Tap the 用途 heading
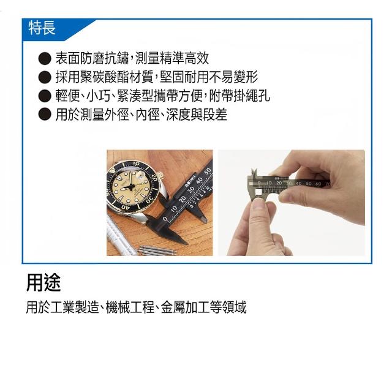pos(43,283)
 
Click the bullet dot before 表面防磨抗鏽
pos(45,59)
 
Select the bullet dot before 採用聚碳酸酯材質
pos(45,77)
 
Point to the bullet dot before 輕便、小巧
pos(45,96)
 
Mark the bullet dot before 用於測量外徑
pos(45,115)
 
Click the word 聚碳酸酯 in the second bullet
pos(104,77)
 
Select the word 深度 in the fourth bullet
pos(178,115)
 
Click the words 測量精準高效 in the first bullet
pos(172,59)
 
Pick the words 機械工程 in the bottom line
pos(130,307)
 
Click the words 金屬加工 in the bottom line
pos(185,307)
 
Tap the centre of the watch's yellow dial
pos(130,187)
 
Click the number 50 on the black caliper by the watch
pos(207,172)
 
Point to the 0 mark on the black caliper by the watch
pos(165,219)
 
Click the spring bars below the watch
pos(157,250)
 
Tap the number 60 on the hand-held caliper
pos(318,184)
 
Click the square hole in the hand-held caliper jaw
pos(258,192)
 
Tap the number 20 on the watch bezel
pos(154,178)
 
